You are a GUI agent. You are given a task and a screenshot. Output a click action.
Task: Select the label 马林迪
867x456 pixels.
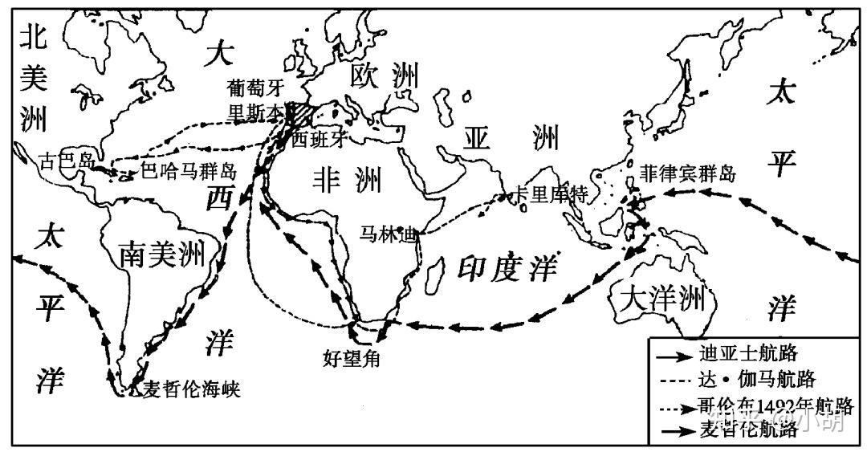(389, 235)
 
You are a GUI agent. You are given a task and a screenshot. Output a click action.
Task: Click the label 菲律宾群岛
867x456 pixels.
(688, 173)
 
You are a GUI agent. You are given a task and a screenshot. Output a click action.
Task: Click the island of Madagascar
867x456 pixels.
(433, 276)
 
